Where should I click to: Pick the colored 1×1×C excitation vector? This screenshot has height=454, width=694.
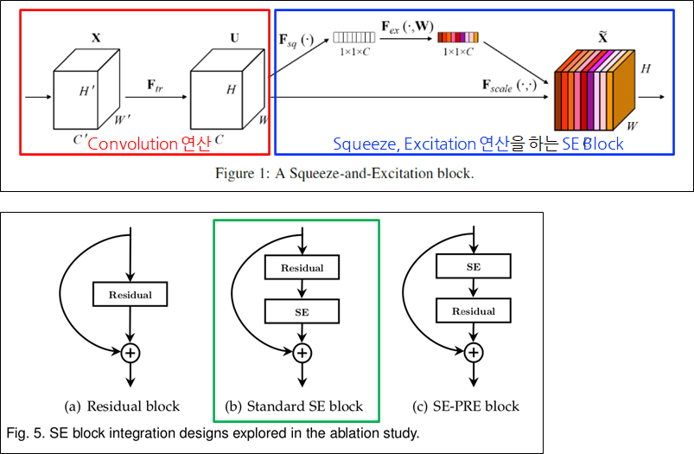pyautogui.click(x=458, y=38)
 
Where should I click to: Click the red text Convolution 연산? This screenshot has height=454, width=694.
pyautogui.click(x=149, y=144)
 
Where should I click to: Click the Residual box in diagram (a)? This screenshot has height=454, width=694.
pyautogui.click(x=129, y=295)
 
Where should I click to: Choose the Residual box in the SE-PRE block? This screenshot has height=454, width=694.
pyautogui.click(x=473, y=310)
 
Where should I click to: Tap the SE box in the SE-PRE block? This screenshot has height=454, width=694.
pyautogui.click(x=473, y=267)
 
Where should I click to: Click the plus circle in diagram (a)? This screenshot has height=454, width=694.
pyautogui.click(x=129, y=352)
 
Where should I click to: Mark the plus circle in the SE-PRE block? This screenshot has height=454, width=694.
pyautogui.click(x=473, y=352)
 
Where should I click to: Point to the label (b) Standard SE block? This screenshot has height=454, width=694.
pyautogui.click(x=296, y=406)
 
